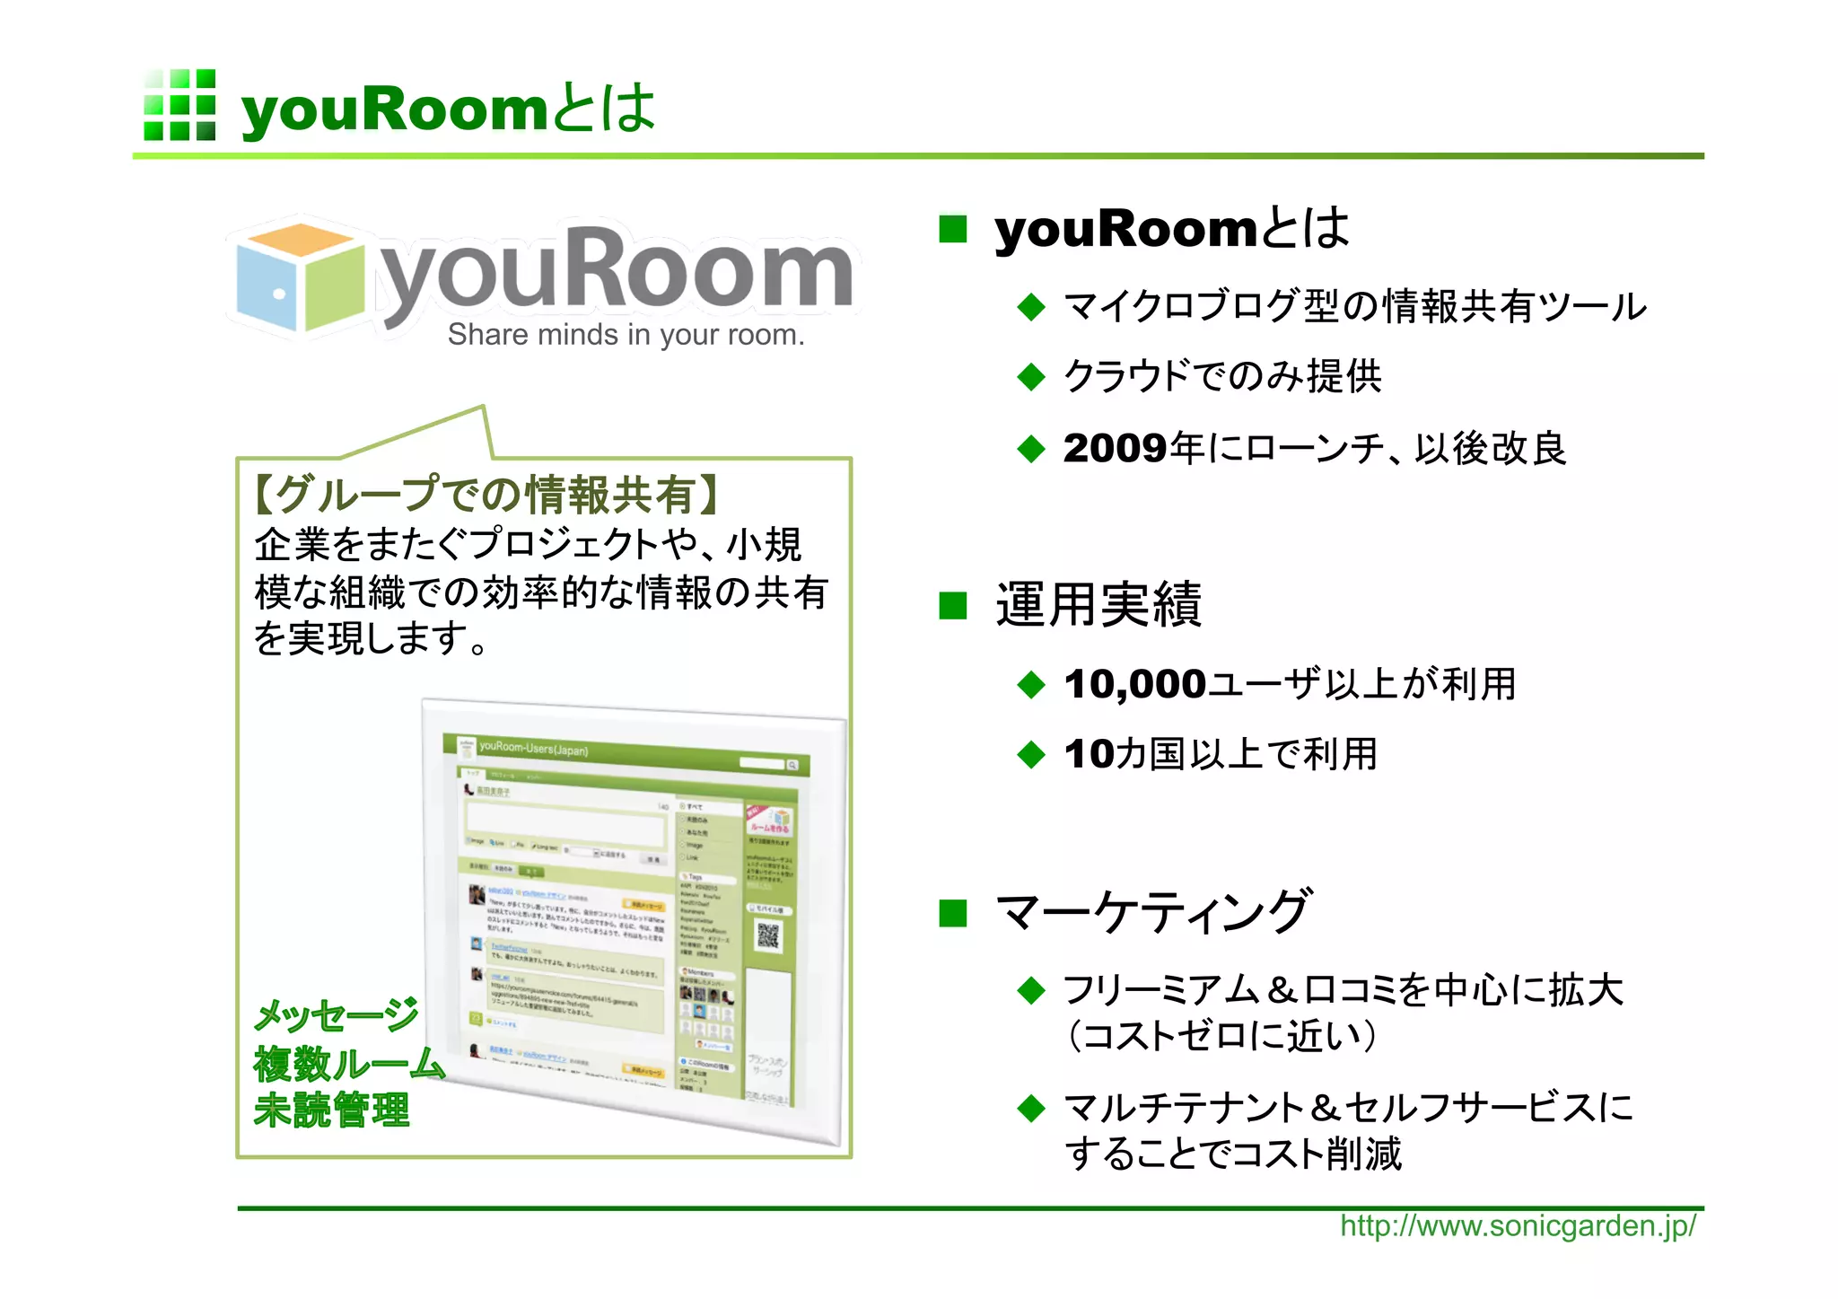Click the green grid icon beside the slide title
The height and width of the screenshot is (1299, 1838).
[179, 105]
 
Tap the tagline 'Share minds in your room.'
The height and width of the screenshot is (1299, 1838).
[626, 335]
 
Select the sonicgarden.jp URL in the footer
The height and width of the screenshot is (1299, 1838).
[1518, 1226]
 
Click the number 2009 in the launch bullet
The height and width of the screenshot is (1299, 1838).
[1116, 449]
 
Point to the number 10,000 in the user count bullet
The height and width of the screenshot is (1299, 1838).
[1134, 685]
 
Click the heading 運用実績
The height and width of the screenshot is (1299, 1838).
[1098, 605]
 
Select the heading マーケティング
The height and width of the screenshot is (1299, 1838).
[1154, 912]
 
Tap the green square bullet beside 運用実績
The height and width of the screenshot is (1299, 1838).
[952, 606]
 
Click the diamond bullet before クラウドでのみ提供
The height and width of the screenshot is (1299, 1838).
[1032, 377]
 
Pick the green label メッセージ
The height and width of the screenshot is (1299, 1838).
[337, 1015]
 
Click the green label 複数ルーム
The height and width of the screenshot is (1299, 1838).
[349, 1065]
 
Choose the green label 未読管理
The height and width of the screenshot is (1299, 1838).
[332, 1110]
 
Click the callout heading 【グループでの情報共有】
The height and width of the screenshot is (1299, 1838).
[486, 495]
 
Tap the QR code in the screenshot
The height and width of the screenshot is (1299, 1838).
[768, 936]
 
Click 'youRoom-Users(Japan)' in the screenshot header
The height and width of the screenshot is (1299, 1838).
[533, 748]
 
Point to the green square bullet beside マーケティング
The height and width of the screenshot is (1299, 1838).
[952, 914]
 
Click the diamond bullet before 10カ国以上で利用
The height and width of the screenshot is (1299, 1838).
[1032, 755]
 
